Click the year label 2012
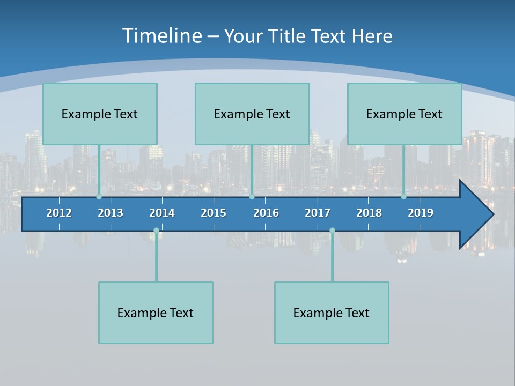pyautogui.click(x=59, y=213)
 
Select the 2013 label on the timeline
pyautogui.click(x=111, y=213)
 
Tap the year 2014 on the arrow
pyautogui.click(x=162, y=213)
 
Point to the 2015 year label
pyautogui.click(x=214, y=213)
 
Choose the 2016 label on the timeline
pyautogui.click(x=266, y=213)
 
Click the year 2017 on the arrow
pyautogui.click(x=318, y=213)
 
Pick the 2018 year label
pyautogui.click(x=369, y=213)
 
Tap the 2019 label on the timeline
pyautogui.click(x=421, y=213)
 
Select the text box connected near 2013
pyautogui.click(x=100, y=114)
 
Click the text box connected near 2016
pyautogui.click(x=252, y=114)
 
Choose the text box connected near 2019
pyautogui.click(x=404, y=114)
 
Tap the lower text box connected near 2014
pyautogui.click(x=156, y=313)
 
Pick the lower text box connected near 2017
pyautogui.click(x=332, y=313)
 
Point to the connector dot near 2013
pyautogui.click(x=99, y=197)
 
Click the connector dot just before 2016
pyautogui.click(x=252, y=197)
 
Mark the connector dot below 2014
pyautogui.click(x=156, y=231)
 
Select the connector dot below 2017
pyautogui.click(x=332, y=231)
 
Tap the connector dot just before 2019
pyautogui.click(x=403, y=197)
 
